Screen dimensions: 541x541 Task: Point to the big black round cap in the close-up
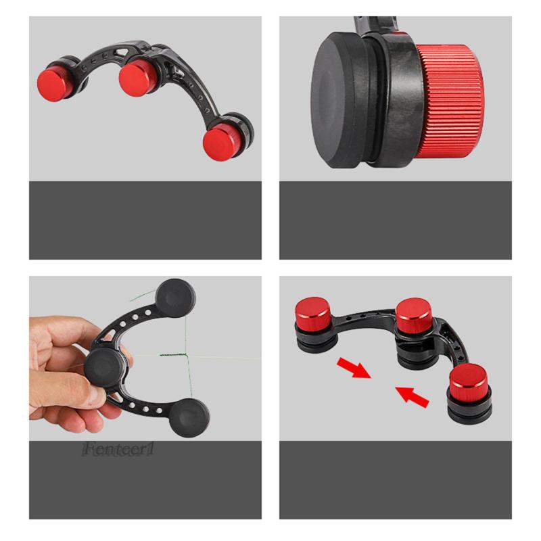click(x=342, y=101)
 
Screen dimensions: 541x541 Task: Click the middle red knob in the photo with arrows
click(x=415, y=312)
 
